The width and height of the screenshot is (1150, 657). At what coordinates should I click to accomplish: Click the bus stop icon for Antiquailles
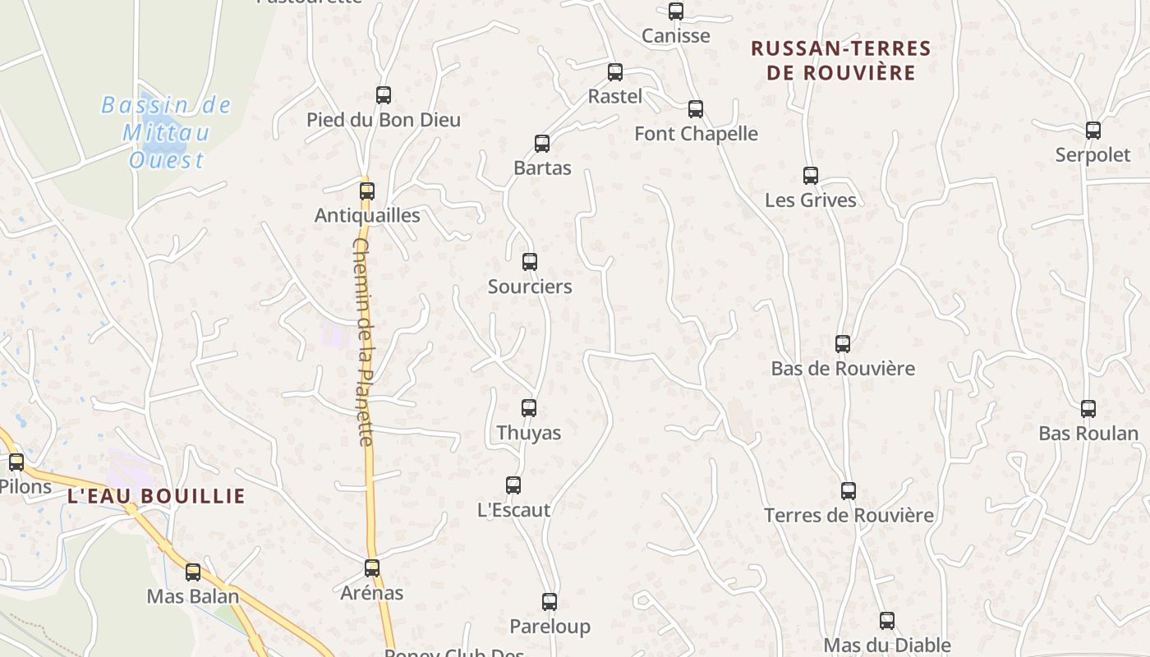pyautogui.click(x=367, y=191)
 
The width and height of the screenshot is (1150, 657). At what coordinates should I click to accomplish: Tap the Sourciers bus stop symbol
pyautogui.click(x=530, y=262)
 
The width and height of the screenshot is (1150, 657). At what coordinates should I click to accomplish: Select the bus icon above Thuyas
pyautogui.click(x=529, y=407)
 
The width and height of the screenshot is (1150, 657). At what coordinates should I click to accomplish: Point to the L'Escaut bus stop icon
pyautogui.click(x=513, y=485)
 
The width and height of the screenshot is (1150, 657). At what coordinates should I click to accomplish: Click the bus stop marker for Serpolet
pyautogui.click(x=1093, y=130)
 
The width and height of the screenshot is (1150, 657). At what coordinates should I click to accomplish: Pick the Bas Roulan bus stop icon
pyautogui.click(x=1088, y=408)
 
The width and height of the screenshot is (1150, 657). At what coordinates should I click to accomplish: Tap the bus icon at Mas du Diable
pyautogui.click(x=887, y=621)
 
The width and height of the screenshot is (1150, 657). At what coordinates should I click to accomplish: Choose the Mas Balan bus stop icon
pyautogui.click(x=193, y=572)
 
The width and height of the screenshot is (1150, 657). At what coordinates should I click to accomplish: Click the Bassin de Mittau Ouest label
pyautogui.click(x=167, y=132)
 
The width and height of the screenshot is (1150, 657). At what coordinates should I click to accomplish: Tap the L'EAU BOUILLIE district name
pyautogui.click(x=156, y=496)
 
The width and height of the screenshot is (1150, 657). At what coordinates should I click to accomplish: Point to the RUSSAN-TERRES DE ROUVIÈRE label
pyautogui.click(x=841, y=61)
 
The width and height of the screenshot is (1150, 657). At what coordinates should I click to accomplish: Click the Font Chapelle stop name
pyautogui.click(x=696, y=133)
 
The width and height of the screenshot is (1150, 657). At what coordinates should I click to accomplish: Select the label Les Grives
pyautogui.click(x=810, y=200)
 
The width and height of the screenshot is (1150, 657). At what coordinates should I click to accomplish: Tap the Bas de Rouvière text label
pyautogui.click(x=843, y=369)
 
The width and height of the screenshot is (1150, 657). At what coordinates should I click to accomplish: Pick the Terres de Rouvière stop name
pyautogui.click(x=849, y=516)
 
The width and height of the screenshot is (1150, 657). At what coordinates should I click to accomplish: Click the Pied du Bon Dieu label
pyautogui.click(x=384, y=120)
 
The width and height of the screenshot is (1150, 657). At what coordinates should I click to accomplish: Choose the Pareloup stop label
pyautogui.click(x=550, y=627)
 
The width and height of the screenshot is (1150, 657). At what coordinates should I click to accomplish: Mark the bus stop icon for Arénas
pyautogui.click(x=372, y=567)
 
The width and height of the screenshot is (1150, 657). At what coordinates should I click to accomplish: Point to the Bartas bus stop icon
pyautogui.click(x=542, y=144)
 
